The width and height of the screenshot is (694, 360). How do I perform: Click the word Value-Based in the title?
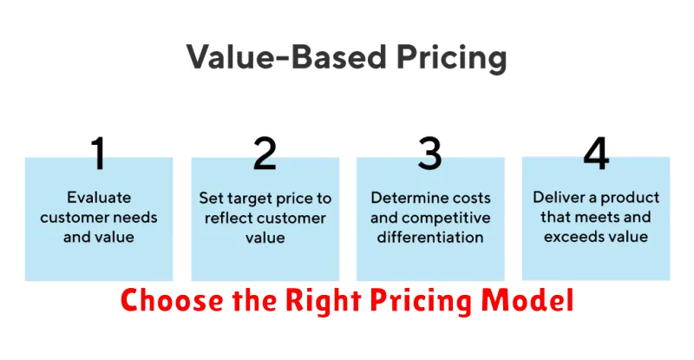point(286,56)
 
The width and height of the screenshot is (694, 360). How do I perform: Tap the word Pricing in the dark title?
point(451,58)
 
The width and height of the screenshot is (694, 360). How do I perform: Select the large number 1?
point(99,153)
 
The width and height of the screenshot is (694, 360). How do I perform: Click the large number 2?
point(265,153)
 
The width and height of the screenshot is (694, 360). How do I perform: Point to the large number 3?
point(429,153)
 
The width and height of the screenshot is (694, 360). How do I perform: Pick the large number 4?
point(596,153)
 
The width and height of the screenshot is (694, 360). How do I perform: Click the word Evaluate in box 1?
point(99,198)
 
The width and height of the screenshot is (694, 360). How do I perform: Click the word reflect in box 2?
point(226,218)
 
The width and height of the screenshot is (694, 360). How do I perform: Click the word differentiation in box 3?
point(430,238)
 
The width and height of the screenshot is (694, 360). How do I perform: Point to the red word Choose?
point(172,301)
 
